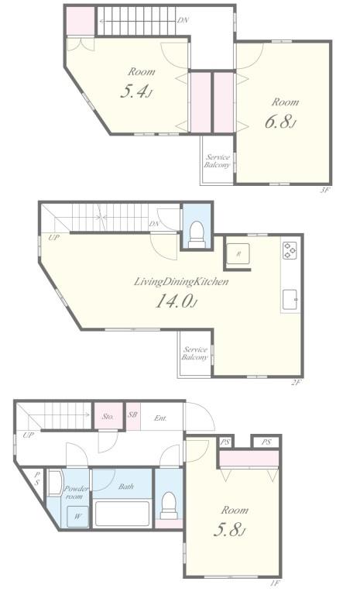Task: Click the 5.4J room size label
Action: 136,92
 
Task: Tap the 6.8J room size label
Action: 283,123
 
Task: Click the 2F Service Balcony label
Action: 195,353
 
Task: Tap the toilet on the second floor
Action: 197,230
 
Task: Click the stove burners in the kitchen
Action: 290,250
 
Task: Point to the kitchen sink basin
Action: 290,299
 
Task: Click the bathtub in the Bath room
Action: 122,513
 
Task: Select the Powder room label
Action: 75,493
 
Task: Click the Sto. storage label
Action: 108,417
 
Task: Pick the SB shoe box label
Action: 132,416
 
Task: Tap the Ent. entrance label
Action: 161,418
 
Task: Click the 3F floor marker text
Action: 326,190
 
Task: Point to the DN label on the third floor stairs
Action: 183,20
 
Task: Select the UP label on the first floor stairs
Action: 29,435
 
